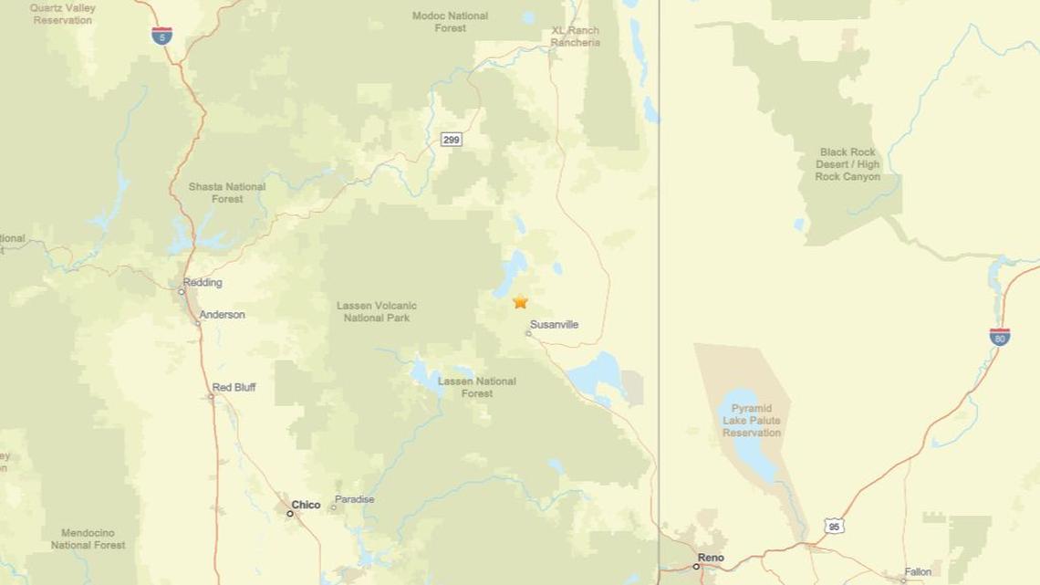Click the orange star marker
(520, 302)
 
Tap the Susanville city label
(554, 325)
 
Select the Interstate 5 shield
(161, 37)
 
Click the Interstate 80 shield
(999, 336)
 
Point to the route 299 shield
(451, 140)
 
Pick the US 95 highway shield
(832, 526)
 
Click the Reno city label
(710, 557)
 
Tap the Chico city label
(306, 505)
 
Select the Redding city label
(203, 283)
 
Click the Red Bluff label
(234, 388)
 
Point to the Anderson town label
(223, 315)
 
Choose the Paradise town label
(354, 499)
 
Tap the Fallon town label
(918, 572)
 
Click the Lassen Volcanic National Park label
(377, 312)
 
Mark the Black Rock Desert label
(848, 164)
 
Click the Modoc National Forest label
(450, 22)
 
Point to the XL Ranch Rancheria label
(576, 37)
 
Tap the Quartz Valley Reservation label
(63, 14)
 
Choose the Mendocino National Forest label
(88, 538)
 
